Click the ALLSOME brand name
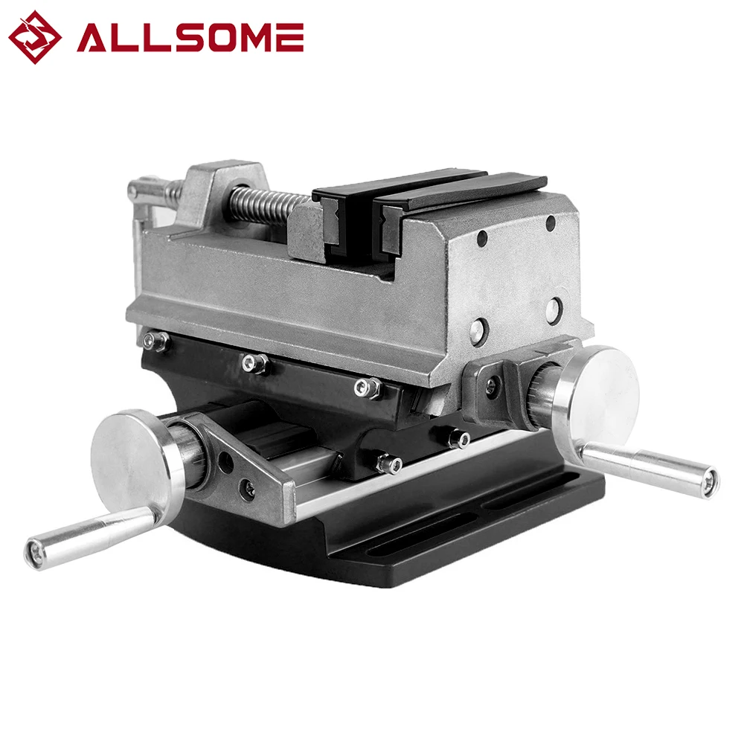(x=190, y=37)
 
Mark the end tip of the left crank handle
(x=33, y=551)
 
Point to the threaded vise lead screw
(x=263, y=203)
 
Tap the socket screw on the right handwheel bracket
(x=491, y=383)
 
